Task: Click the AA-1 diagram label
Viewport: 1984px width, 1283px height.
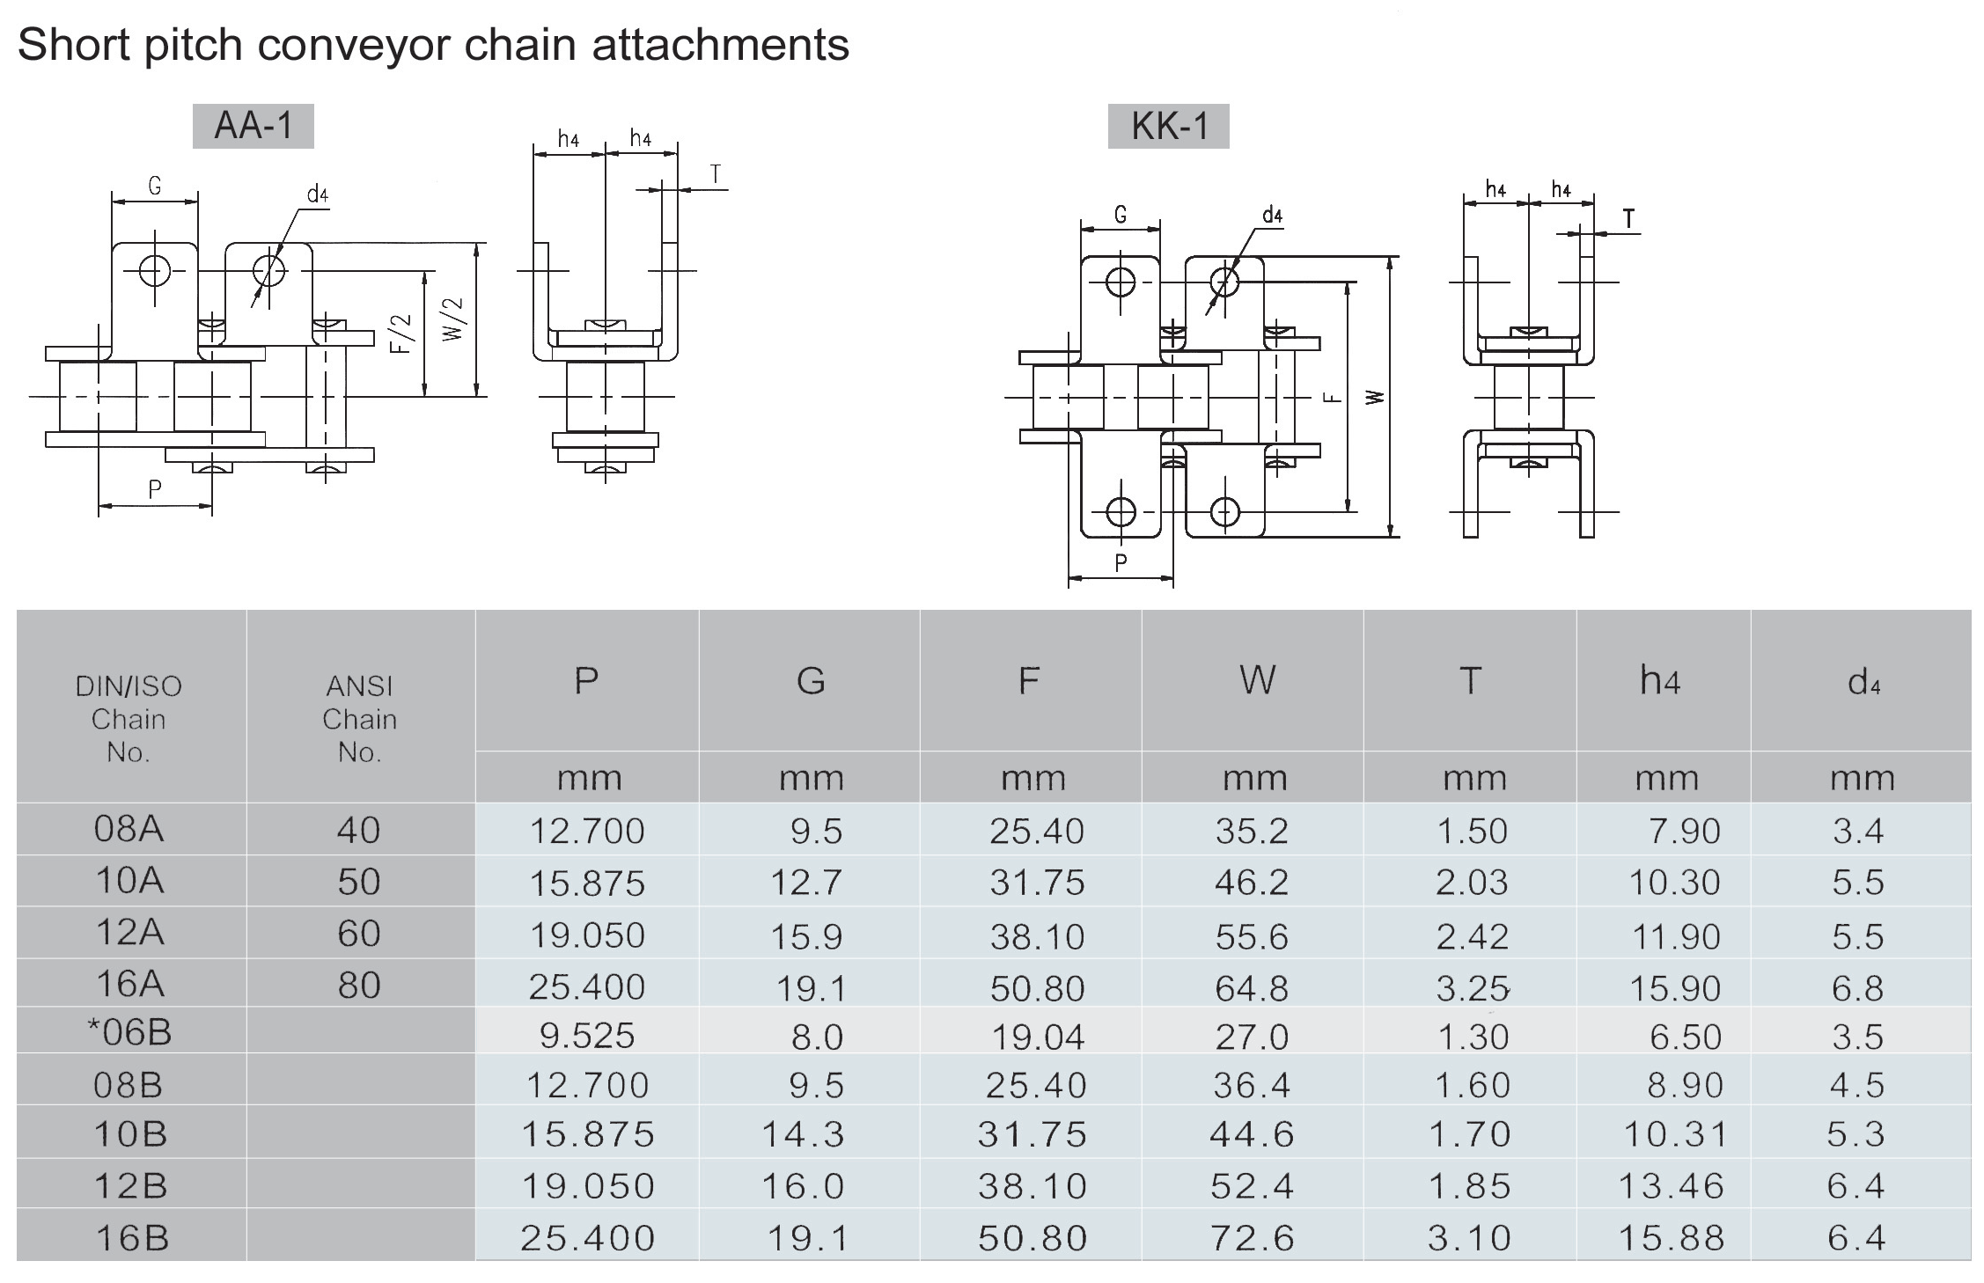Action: pyautogui.click(x=253, y=126)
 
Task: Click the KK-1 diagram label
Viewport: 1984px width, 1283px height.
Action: pyautogui.click(x=1168, y=126)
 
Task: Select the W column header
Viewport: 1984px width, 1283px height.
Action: pyautogui.click(x=1256, y=680)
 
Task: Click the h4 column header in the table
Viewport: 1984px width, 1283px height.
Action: pyautogui.click(x=1660, y=680)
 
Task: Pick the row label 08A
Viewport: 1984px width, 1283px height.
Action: pyautogui.click(x=129, y=829)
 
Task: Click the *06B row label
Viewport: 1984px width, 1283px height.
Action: pyautogui.click(x=129, y=1032)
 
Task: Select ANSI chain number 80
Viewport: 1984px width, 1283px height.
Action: pyautogui.click(x=359, y=986)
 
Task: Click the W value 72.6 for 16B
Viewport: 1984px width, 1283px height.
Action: pyautogui.click(x=1252, y=1238)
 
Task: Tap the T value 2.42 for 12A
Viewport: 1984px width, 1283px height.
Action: pyautogui.click(x=1472, y=936)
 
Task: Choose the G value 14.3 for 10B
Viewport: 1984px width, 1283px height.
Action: pyautogui.click(x=803, y=1134)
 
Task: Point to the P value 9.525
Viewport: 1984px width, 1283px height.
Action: pyautogui.click(x=587, y=1036)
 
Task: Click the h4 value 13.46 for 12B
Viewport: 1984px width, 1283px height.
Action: pyautogui.click(x=1671, y=1186)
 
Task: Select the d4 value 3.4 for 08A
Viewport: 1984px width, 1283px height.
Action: pyautogui.click(x=1858, y=831)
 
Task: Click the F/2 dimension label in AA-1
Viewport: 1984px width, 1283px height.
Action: pyautogui.click(x=401, y=334)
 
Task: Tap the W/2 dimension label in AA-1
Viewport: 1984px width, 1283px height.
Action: pyautogui.click(x=453, y=319)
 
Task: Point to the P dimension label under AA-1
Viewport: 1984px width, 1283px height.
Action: pyautogui.click(x=155, y=489)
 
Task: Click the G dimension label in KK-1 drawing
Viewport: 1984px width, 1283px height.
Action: pyautogui.click(x=1120, y=215)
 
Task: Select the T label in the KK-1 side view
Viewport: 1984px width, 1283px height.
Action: pyautogui.click(x=1628, y=218)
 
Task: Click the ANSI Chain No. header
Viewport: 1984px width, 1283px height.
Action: pyautogui.click(x=359, y=719)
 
